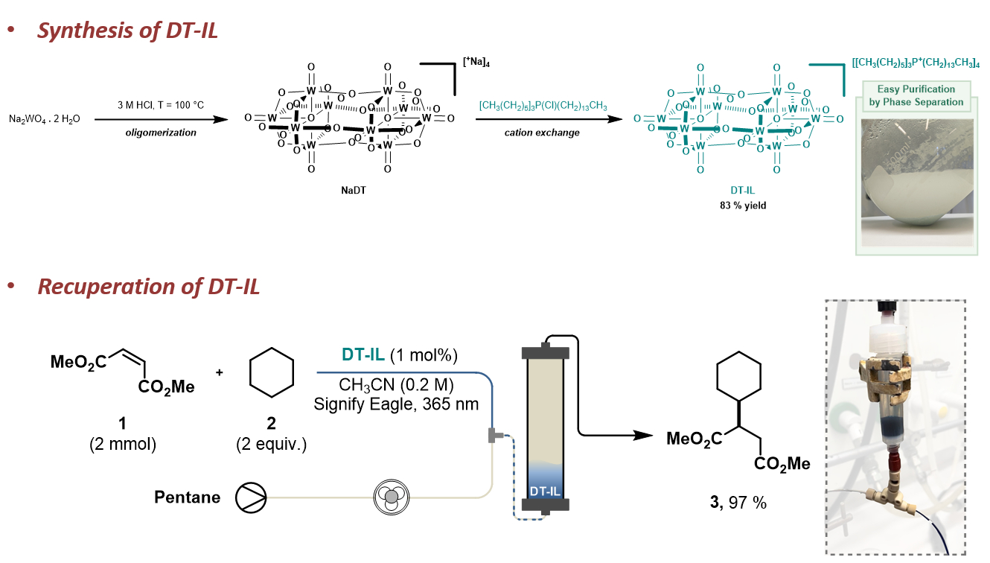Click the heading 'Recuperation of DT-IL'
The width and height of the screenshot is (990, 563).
click(x=149, y=286)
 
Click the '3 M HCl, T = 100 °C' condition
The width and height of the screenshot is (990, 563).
click(x=160, y=105)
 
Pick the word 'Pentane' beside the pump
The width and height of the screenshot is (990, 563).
click(x=188, y=496)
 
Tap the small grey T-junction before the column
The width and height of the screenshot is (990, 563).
click(x=493, y=435)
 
